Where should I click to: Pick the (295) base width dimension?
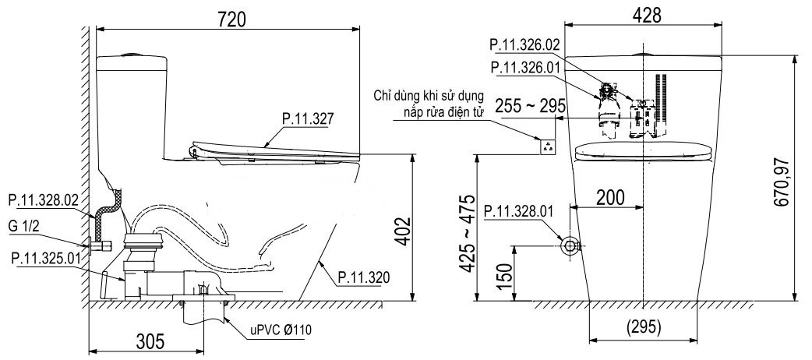coord(643,326)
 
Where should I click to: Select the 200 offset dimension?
coord(610,197)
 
